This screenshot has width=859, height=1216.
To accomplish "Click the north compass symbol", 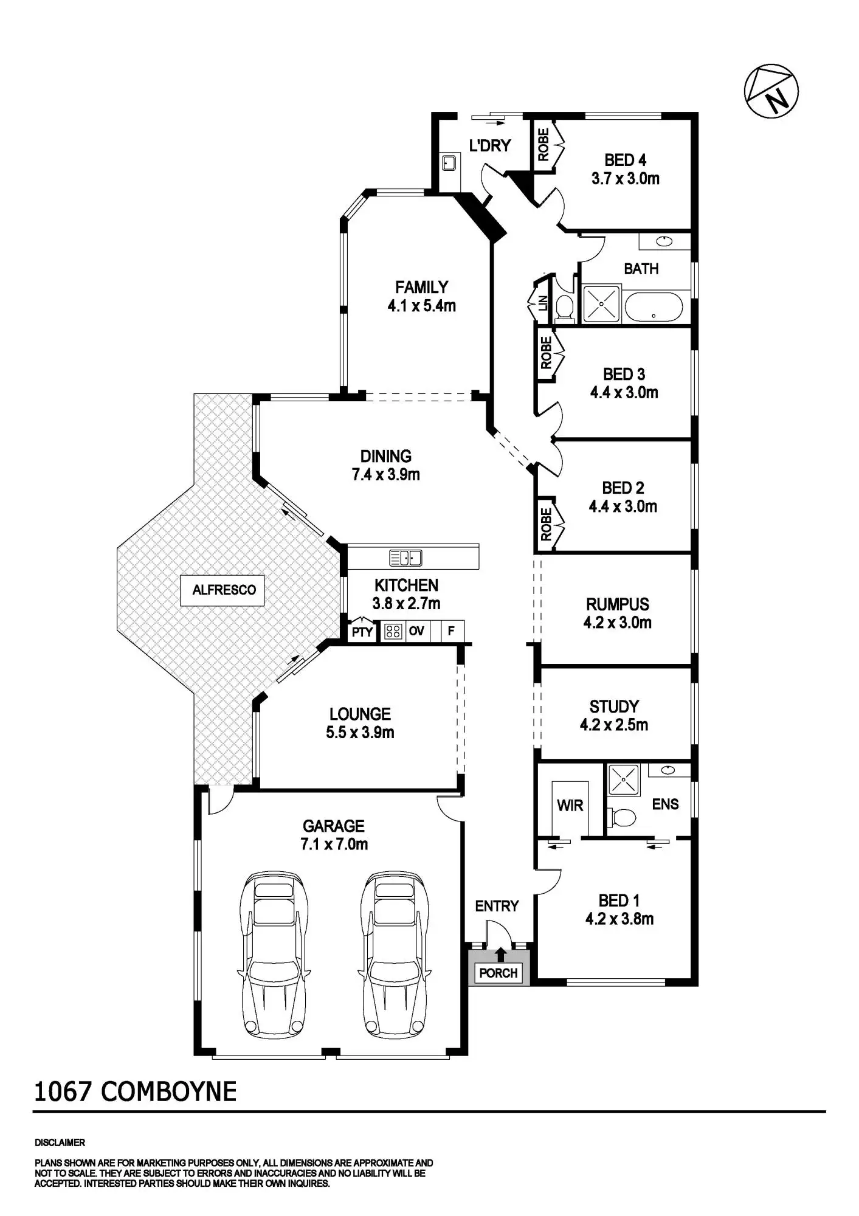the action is coord(771,91).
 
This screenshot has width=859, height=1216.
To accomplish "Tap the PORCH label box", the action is coord(498,973).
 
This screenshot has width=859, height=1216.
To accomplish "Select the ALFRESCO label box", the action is coord(223,590).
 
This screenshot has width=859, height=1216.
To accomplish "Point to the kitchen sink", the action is coord(405,557).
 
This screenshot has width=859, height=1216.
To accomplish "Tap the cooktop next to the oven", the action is coord(393,632).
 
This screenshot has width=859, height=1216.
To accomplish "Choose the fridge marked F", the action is coord(451,631).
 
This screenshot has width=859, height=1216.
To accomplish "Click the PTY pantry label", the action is coord(362,632).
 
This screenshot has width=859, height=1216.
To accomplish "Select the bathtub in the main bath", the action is coord(654,308).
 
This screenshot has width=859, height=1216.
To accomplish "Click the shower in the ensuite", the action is coord(623,780).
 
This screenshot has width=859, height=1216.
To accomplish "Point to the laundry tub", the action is coord(449,163).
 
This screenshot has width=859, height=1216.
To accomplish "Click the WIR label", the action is coord(570,806).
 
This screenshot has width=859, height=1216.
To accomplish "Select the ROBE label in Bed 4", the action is coord(543,145).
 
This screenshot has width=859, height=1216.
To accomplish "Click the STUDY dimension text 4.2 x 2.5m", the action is coord(614,725).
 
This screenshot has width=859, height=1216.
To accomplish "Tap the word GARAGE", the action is coord(334,826).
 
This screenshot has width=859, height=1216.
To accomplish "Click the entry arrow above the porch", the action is coord(500,953).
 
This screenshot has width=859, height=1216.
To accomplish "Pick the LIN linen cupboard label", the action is coord(543,302).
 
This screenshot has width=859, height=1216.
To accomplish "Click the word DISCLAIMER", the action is coord(60,1142).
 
